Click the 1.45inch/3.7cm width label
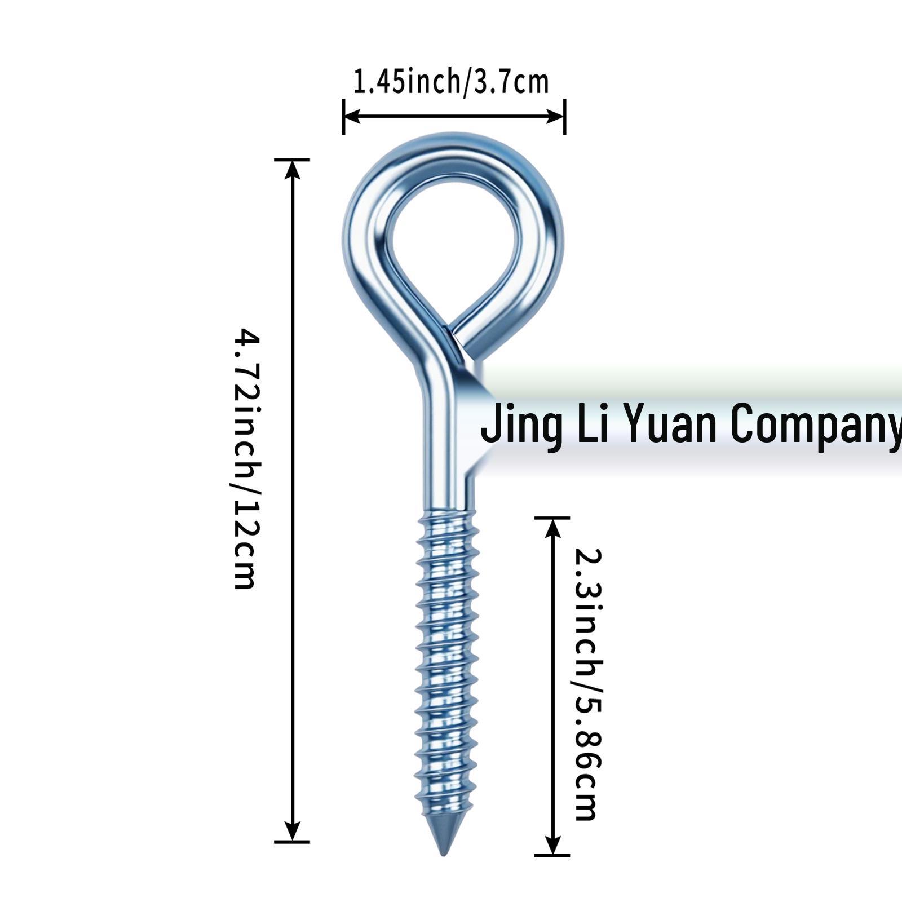pyautogui.click(x=451, y=82)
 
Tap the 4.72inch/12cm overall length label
pyautogui.click(x=247, y=459)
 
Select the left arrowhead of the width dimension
pyautogui.click(x=352, y=117)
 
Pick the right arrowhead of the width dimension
pyautogui.click(x=555, y=117)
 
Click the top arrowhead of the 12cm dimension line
pyautogui.click(x=292, y=169)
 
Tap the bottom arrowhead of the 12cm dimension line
pyautogui.click(x=292, y=832)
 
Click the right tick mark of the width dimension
pyautogui.click(x=565, y=117)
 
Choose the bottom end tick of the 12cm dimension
pyautogui.click(x=292, y=842)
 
